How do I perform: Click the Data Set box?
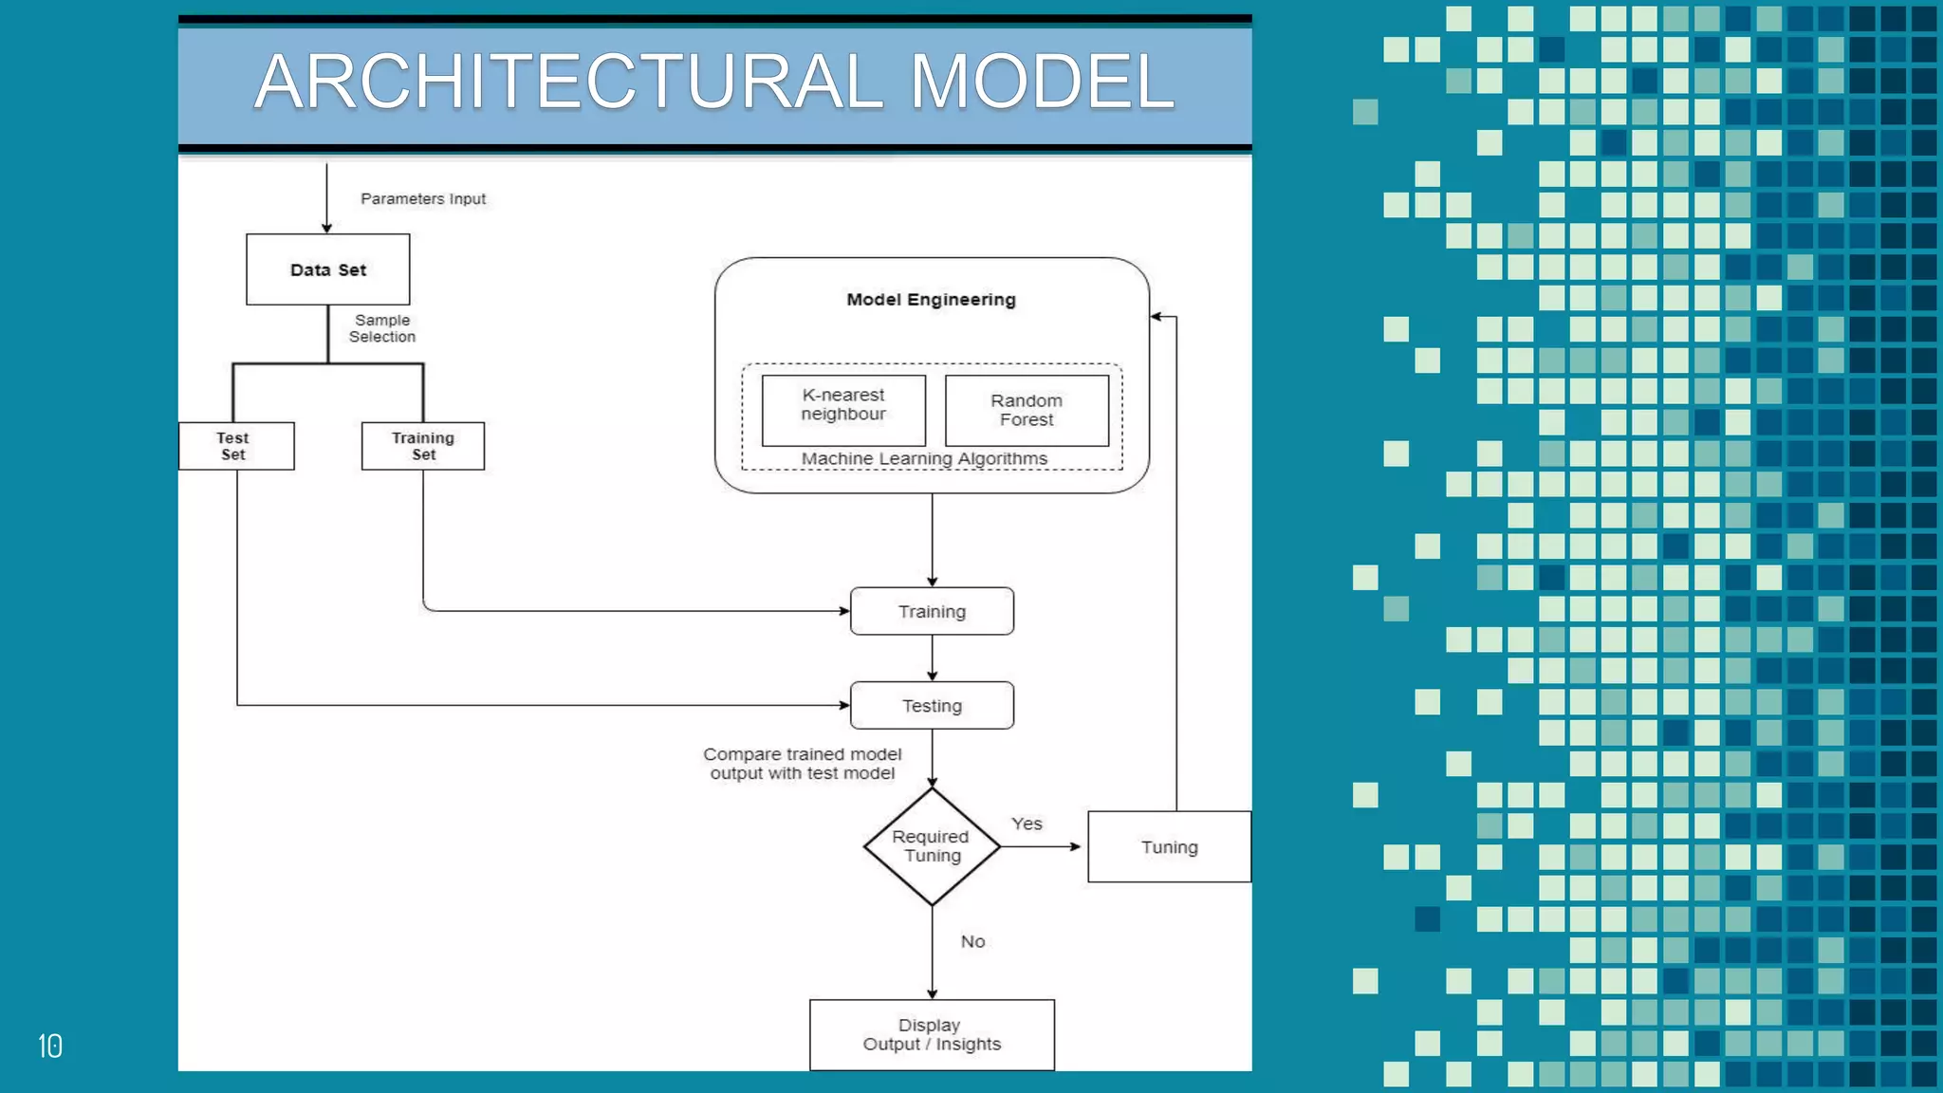point(327,269)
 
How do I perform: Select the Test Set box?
point(235,446)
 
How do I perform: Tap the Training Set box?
point(423,446)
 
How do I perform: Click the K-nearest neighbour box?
point(843,410)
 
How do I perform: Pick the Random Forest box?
point(1027,410)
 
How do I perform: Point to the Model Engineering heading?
point(931,300)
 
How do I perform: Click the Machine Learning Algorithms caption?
point(924,459)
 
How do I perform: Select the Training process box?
point(932,611)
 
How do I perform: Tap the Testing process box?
point(932,706)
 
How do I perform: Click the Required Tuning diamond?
point(932,846)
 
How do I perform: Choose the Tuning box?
point(1169,847)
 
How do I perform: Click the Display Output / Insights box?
point(932,1035)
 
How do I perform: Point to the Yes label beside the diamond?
point(1027,824)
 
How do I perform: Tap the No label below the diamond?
point(972,941)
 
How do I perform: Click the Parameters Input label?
point(423,199)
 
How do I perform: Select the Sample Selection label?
point(382,328)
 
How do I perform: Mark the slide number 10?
point(50,1046)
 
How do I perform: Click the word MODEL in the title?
point(1042,82)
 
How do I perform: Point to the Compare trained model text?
point(803,764)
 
